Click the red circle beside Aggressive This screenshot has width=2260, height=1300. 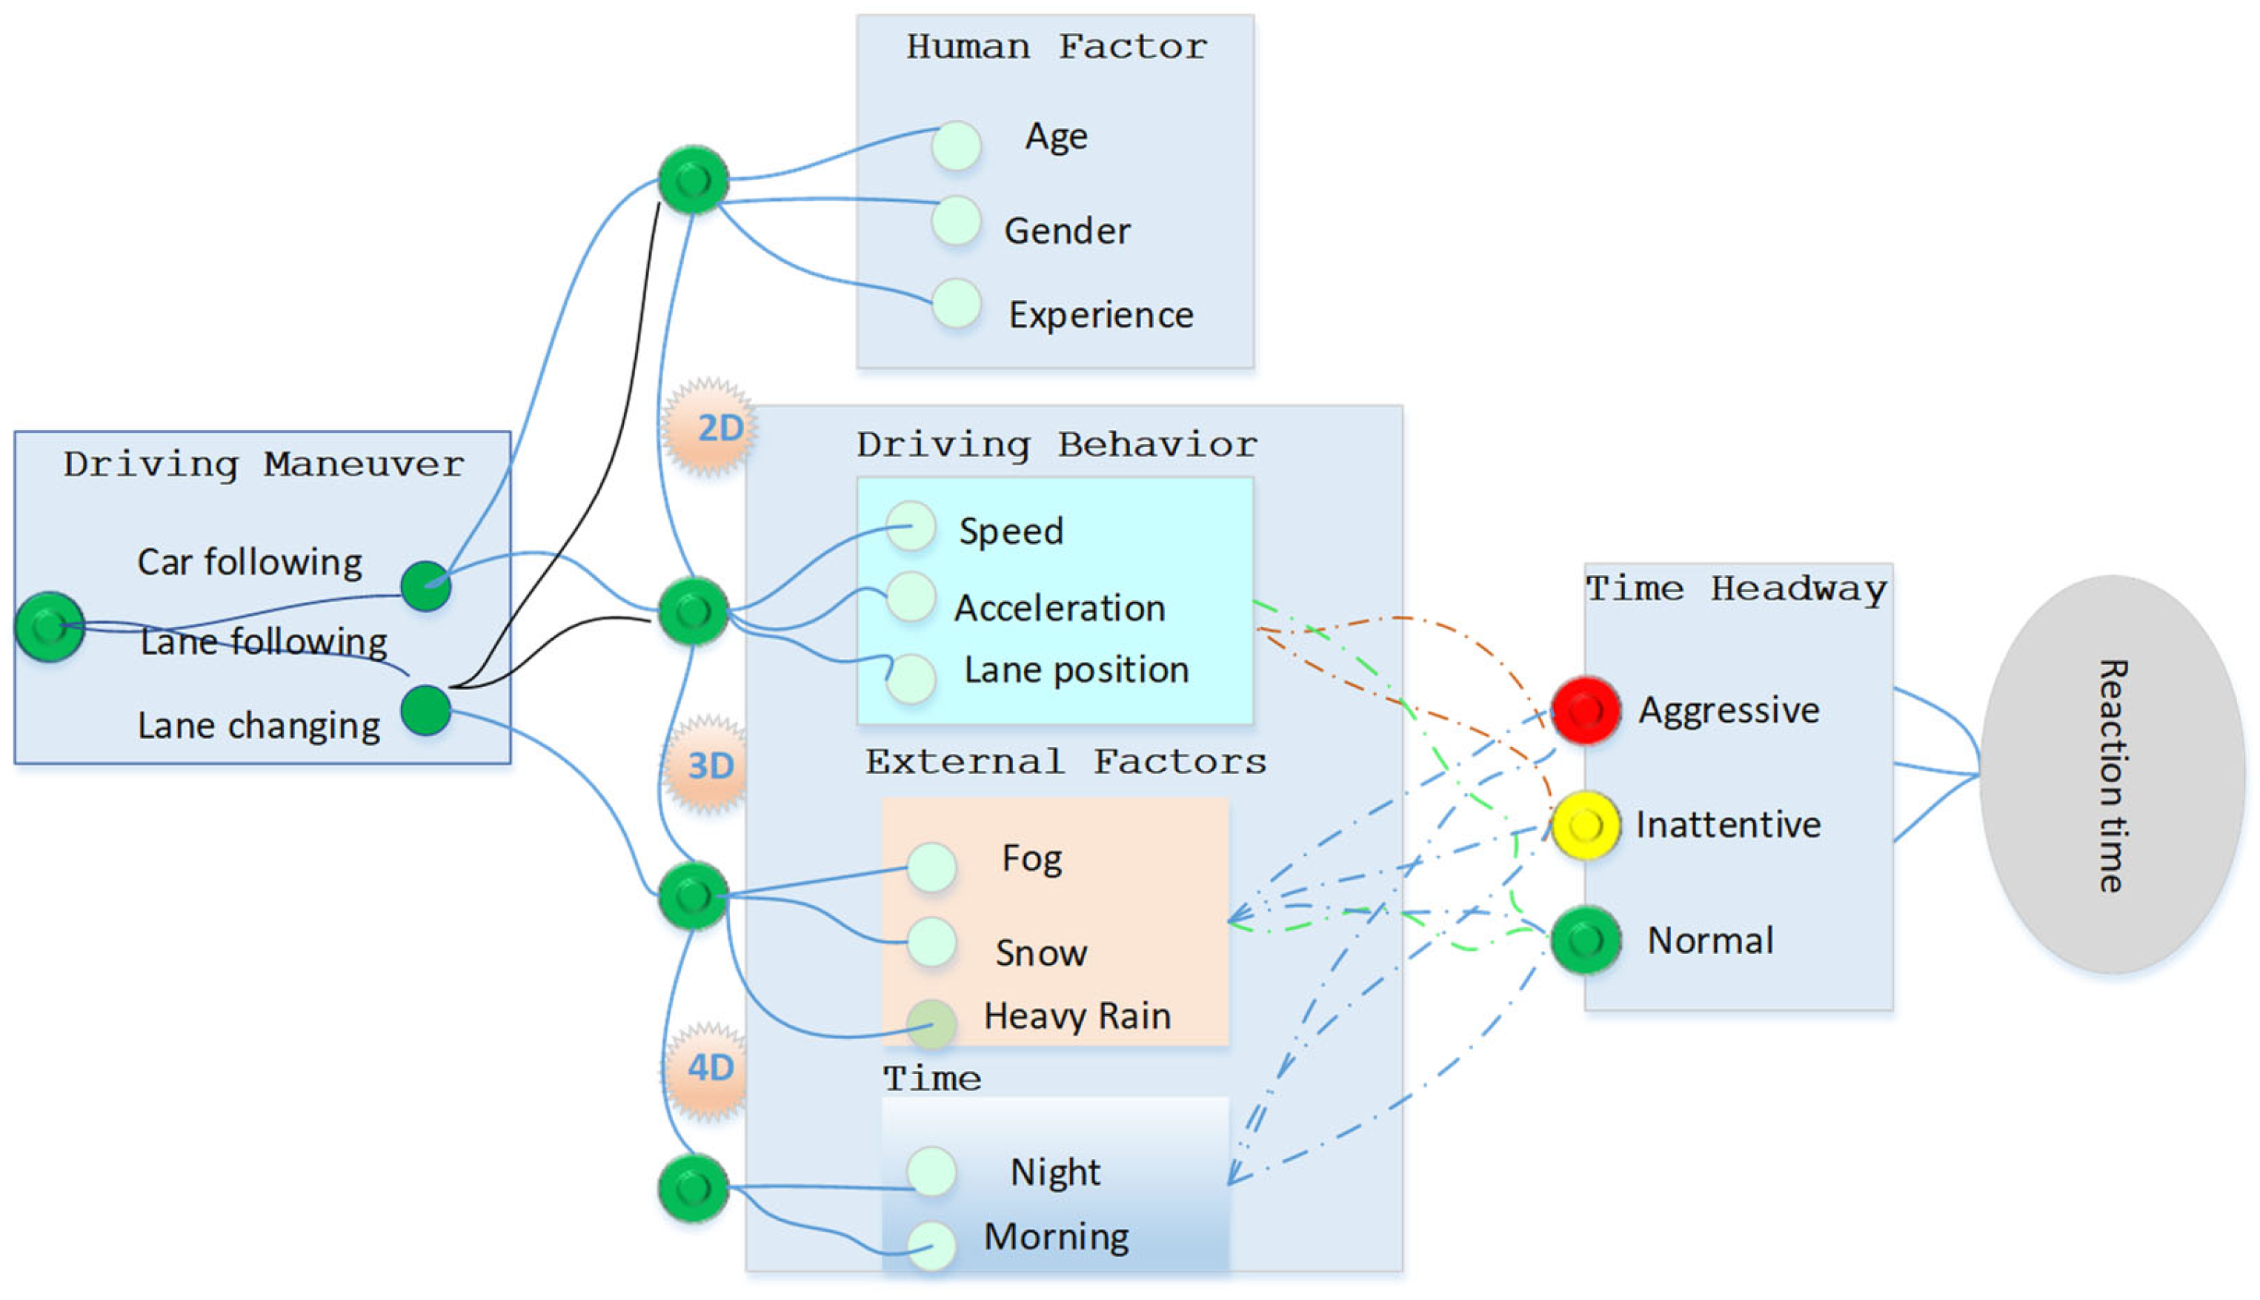[x=1585, y=710]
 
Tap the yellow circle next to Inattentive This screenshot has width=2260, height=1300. [x=1585, y=825]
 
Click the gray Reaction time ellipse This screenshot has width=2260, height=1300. [x=2112, y=774]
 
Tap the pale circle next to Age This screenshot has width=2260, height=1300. [x=956, y=145]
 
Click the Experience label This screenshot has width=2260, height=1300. [x=1100, y=315]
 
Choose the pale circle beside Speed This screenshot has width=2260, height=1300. [x=911, y=526]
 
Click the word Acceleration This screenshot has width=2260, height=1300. [x=1060, y=608]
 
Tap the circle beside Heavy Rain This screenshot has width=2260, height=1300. [x=931, y=1024]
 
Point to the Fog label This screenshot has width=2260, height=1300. [x=1031, y=859]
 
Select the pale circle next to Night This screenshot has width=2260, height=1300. [x=931, y=1170]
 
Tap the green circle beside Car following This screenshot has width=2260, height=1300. [x=426, y=586]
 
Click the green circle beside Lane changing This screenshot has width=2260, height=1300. [x=426, y=710]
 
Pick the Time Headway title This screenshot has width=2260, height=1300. [x=1736, y=589]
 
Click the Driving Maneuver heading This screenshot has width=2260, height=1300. [x=263, y=464]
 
